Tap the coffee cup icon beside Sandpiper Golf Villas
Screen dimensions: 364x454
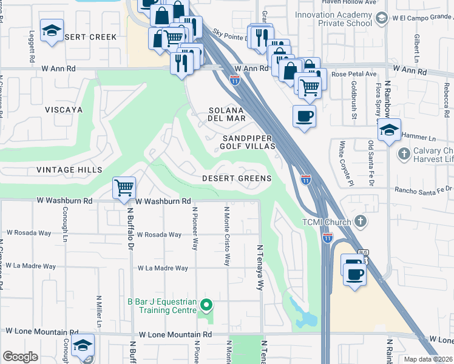click(x=303, y=115)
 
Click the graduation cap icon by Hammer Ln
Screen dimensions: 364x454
click(x=389, y=130)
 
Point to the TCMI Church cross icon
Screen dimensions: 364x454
click(x=361, y=221)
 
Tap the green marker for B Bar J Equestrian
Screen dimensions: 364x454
click(x=206, y=305)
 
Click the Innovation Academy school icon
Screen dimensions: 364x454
click(x=381, y=18)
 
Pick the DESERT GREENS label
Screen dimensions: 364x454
click(x=236, y=178)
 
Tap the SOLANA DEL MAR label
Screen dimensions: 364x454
click(x=227, y=114)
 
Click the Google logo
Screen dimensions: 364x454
click(x=20, y=357)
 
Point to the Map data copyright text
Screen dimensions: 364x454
click(x=428, y=359)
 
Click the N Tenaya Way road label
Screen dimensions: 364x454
click(x=260, y=268)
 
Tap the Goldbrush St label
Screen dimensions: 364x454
click(x=353, y=100)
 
